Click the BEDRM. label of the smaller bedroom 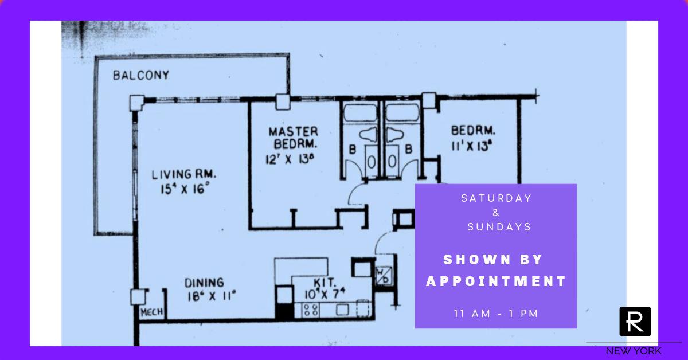[473, 130]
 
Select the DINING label [204, 283]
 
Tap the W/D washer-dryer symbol [382, 274]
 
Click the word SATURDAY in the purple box [497, 198]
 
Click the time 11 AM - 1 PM [496, 314]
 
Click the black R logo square [635, 322]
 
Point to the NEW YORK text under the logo [634, 351]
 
